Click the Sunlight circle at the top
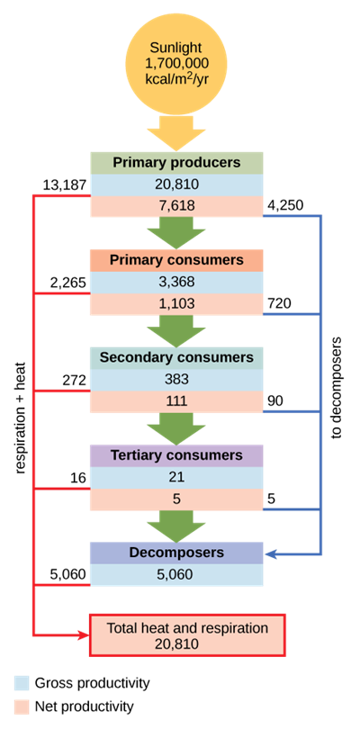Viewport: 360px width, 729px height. (x=176, y=61)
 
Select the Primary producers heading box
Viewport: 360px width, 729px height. (x=176, y=163)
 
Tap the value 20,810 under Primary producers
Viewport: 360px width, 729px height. (x=176, y=184)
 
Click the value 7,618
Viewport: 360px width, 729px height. (x=176, y=206)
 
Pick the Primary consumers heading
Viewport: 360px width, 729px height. (x=176, y=260)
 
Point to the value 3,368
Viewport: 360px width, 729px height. (x=176, y=282)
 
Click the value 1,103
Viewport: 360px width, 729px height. (x=176, y=303)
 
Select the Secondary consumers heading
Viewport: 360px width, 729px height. (x=176, y=357)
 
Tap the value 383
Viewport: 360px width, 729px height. (x=176, y=379)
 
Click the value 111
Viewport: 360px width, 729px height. (x=176, y=400)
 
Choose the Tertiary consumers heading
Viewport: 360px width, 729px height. (x=176, y=455)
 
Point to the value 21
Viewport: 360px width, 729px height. (x=176, y=477)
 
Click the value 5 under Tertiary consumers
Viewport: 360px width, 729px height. (x=176, y=499)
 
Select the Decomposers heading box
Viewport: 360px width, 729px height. (x=176, y=553)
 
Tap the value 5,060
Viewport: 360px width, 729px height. (x=176, y=574)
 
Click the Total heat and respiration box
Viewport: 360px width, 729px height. (x=187, y=635)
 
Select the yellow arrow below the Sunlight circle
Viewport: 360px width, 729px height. (x=176, y=131)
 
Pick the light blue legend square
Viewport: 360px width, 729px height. (x=22, y=684)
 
